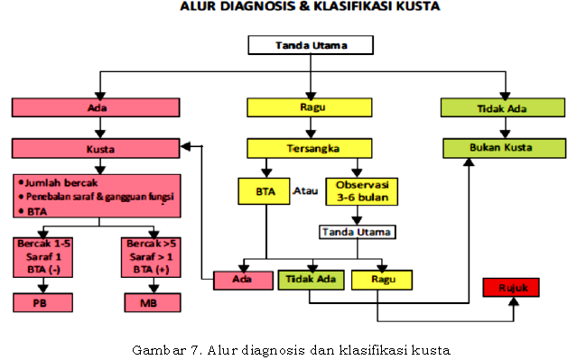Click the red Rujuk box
[x=511, y=288]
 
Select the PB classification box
[x=39, y=303]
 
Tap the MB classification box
[x=147, y=303]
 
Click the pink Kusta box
[x=97, y=147]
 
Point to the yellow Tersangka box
[x=310, y=147]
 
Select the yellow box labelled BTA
[x=265, y=191]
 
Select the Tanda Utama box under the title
[x=310, y=44]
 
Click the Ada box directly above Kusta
[x=97, y=107]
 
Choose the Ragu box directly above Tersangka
[x=310, y=107]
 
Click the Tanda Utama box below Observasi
[x=358, y=232]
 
